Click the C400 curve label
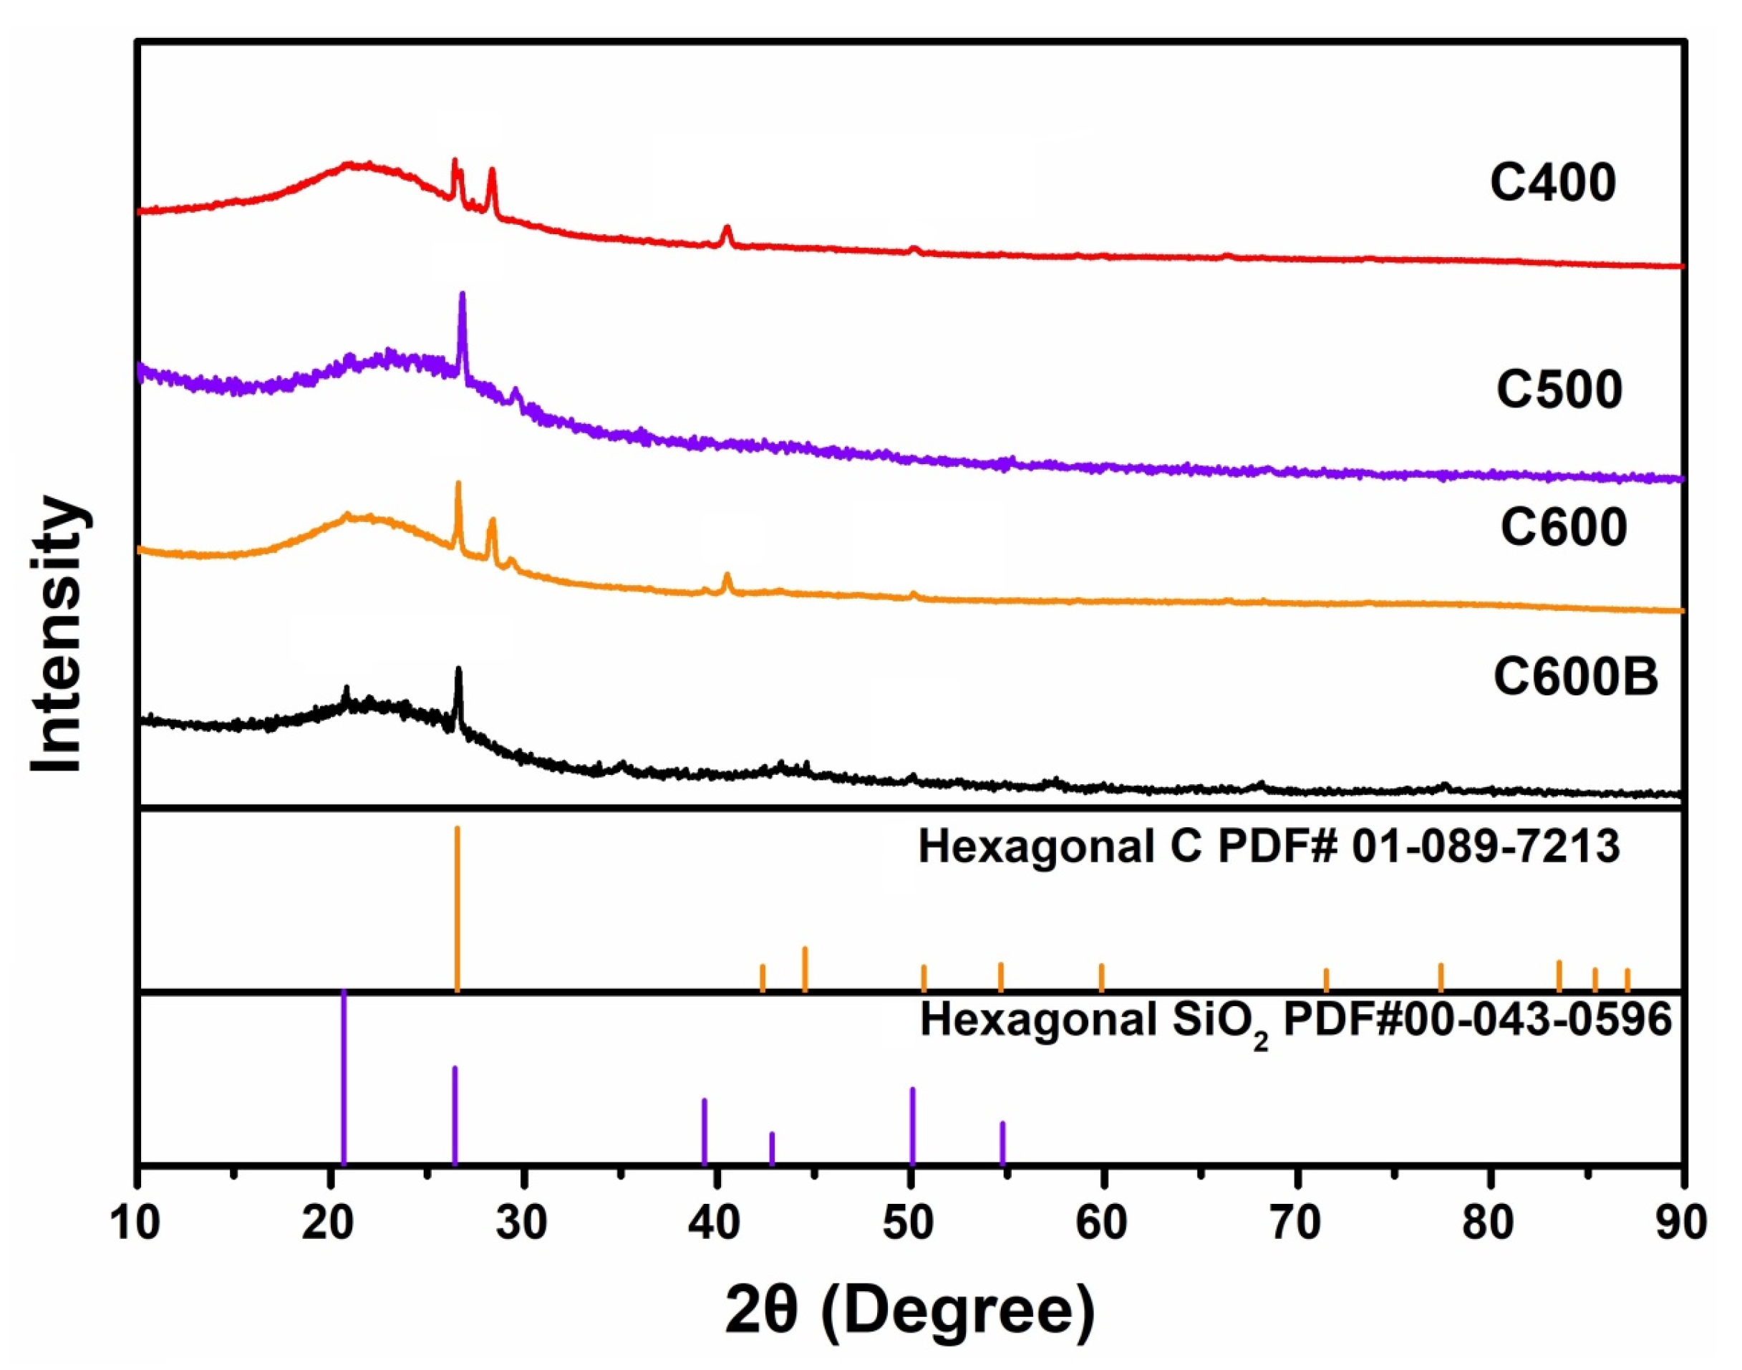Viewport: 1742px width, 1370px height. pos(1553,183)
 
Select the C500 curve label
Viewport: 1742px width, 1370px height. pos(1559,390)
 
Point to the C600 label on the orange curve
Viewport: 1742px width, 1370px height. pos(1563,528)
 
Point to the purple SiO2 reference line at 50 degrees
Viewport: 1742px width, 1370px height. pos(912,1127)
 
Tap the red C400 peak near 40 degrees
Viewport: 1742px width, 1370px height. pos(727,231)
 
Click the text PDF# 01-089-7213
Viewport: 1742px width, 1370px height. pos(1420,849)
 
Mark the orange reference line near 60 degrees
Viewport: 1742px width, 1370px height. pos(1101,977)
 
